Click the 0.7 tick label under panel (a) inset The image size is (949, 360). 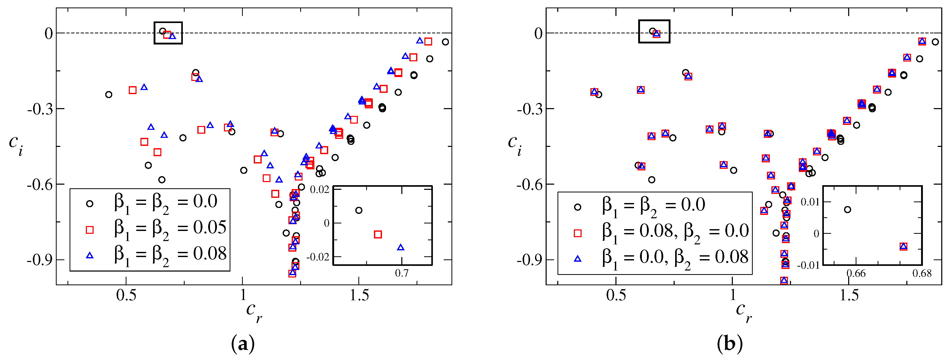pos(402,273)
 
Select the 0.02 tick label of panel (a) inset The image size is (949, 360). pos(319,190)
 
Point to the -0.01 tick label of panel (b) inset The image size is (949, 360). pos(808,265)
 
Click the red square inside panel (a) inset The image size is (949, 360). pos(378,234)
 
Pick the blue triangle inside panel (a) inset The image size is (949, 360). pos(401,247)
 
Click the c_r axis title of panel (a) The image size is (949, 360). pos(254,311)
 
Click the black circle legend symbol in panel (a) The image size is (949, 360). pos(89,203)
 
